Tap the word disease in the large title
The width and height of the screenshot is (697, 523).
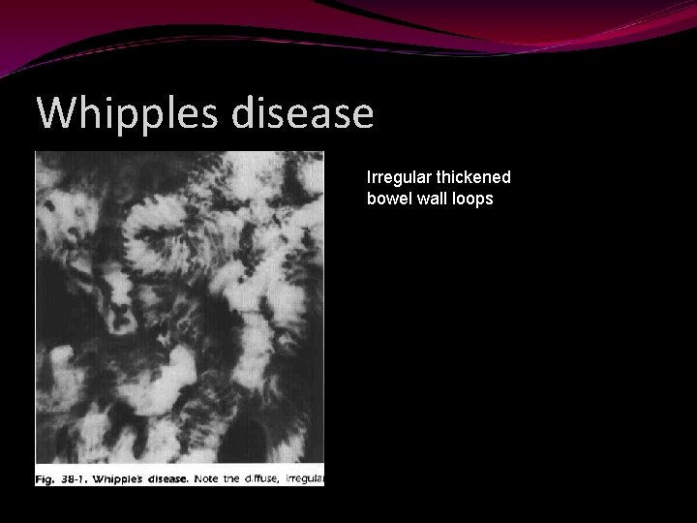[303, 114]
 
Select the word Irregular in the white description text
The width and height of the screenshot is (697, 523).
[395, 178]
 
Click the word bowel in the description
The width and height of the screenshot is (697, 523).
[387, 199]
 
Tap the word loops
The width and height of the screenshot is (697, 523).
[474, 199]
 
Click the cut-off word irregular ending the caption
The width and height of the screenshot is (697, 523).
[310, 478]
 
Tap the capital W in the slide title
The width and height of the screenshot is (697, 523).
[56, 114]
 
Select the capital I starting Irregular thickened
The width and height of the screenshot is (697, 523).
[369, 178]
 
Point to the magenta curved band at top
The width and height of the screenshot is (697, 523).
[348, 24]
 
